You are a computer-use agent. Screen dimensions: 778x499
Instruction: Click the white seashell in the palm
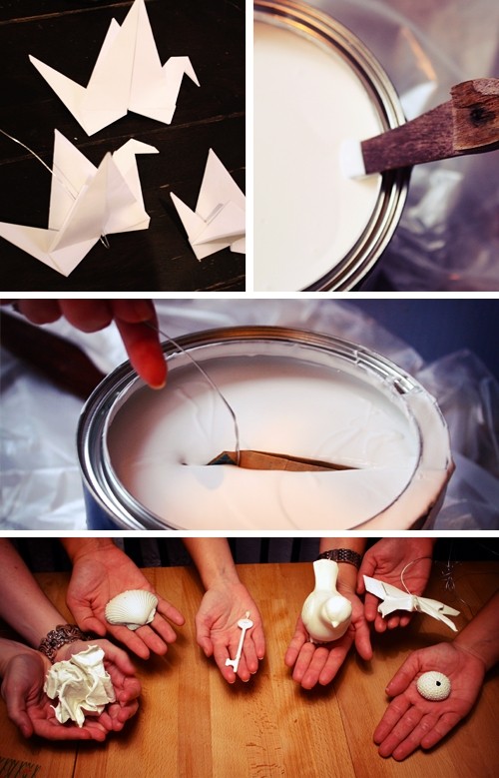(131, 609)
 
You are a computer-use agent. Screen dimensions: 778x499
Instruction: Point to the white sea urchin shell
(433, 685)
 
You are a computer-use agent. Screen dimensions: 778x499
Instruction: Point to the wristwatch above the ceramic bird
(340, 555)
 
